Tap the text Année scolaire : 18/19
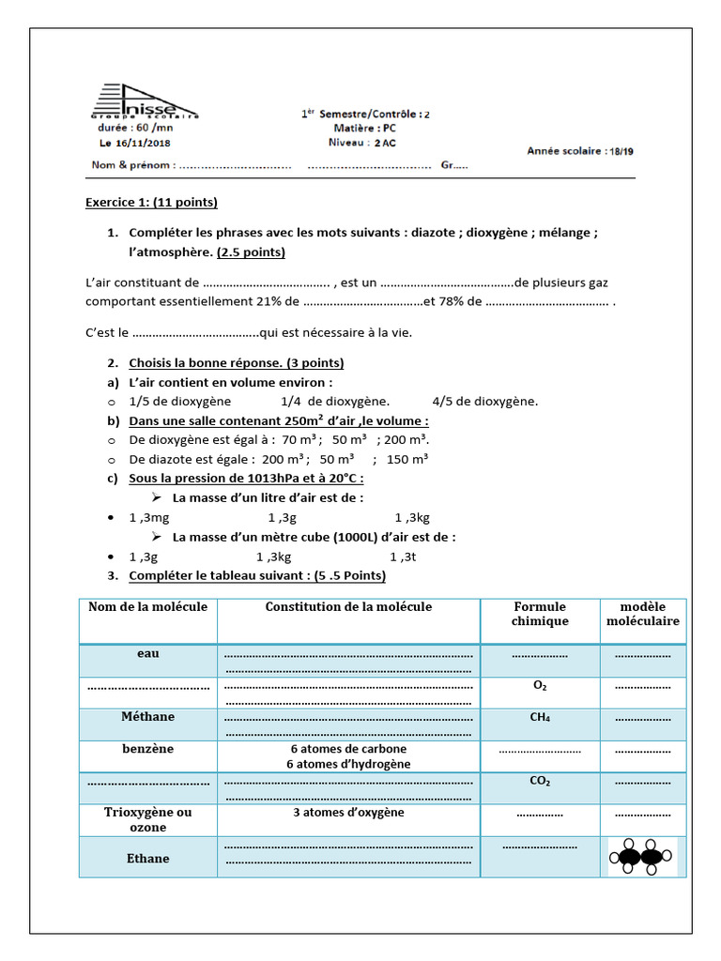point(580,150)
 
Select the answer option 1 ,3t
point(403,556)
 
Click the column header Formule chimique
point(540,614)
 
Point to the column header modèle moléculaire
point(643,614)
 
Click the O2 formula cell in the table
point(540,686)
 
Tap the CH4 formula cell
point(540,718)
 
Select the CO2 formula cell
point(540,782)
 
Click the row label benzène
point(147,750)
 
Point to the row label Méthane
point(147,717)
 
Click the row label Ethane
point(147,858)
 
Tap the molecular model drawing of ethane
point(642,857)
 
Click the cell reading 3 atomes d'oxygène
point(348,813)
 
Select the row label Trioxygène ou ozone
point(147,819)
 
